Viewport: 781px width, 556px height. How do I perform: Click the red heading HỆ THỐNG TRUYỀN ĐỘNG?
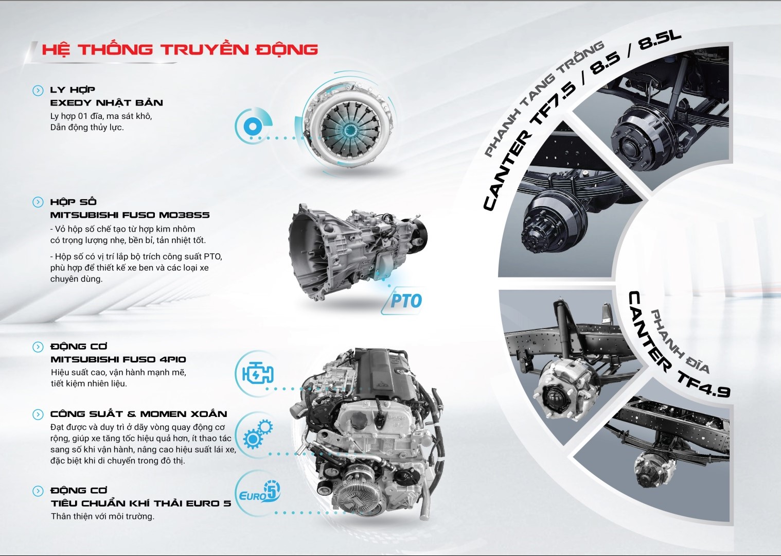(180, 49)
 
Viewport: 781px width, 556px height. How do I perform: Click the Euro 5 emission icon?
(259, 492)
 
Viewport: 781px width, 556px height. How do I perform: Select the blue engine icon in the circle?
(258, 373)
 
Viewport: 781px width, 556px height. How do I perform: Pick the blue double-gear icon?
(258, 434)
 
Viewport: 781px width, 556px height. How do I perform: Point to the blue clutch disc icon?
(253, 126)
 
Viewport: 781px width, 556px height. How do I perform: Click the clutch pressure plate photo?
(349, 127)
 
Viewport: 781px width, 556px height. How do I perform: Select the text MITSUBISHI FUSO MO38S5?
(130, 215)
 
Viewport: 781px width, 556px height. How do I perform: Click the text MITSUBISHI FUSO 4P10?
(118, 359)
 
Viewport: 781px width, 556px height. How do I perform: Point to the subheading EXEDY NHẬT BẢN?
(106, 103)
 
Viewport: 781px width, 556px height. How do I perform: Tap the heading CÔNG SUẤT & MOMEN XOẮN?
(138, 414)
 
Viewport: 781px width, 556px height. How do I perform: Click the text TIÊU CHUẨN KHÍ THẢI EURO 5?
(141, 503)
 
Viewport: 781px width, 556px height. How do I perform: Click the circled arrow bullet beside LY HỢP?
(38, 91)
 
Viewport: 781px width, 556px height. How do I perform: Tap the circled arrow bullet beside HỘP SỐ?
(38, 202)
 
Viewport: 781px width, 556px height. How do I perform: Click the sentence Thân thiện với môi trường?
(102, 516)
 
